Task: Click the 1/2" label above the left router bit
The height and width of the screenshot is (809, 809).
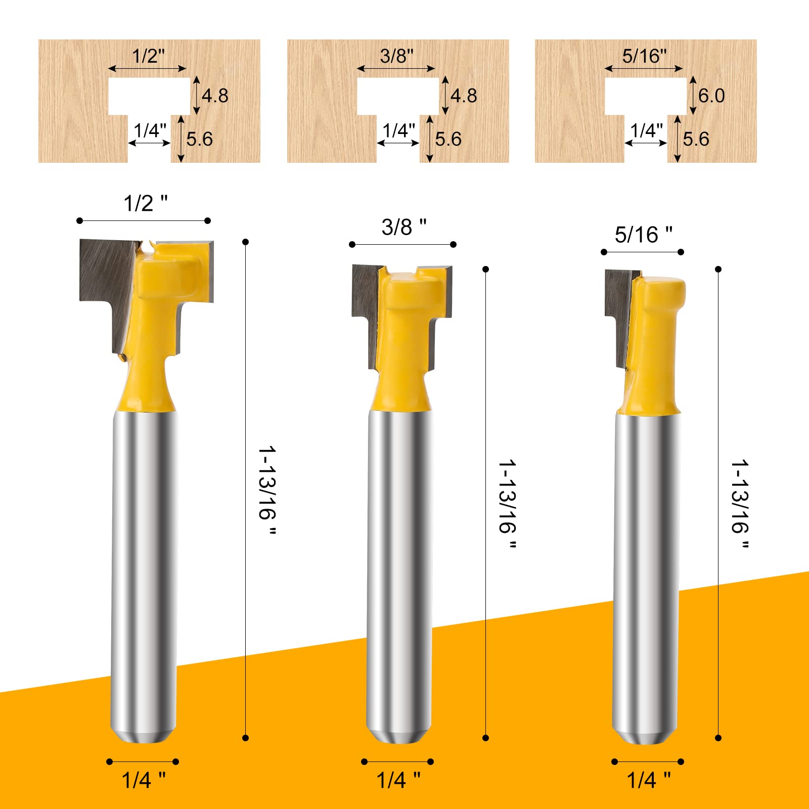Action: pyautogui.click(x=145, y=203)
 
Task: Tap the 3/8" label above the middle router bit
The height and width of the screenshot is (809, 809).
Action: pyautogui.click(x=403, y=227)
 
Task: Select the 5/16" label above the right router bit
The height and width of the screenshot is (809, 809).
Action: pyautogui.click(x=643, y=235)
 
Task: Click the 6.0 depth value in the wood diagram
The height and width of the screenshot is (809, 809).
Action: pyautogui.click(x=711, y=96)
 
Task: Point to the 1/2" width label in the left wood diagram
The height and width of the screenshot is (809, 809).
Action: pyautogui.click(x=148, y=56)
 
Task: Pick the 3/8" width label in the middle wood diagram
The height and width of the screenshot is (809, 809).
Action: pyautogui.click(x=397, y=56)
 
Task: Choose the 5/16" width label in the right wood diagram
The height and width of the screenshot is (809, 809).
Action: pyautogui.click(x=644, y=56)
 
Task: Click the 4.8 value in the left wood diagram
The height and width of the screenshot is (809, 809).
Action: pyautogui.click(x=215, y=96)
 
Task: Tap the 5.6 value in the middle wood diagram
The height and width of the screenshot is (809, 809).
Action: pyautogui.click(x=448, y=139)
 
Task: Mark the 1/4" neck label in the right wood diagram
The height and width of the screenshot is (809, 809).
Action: pyautogui.click(x=646, y=130)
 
